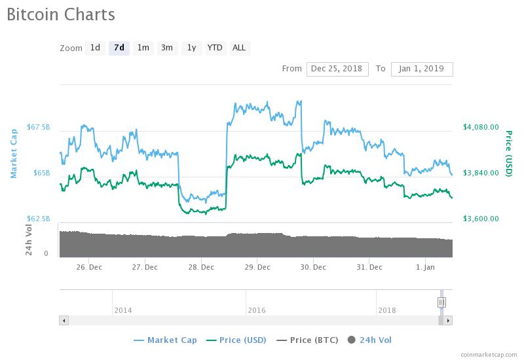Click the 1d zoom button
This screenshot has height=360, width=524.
click(95, 48)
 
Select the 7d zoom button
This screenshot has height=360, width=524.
click(119, 48)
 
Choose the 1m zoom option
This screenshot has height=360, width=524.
click(143, 48)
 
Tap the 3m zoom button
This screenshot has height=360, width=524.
click(167, 48)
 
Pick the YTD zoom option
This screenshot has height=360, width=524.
click(215, 48)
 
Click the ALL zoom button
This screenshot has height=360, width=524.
click(239, 48)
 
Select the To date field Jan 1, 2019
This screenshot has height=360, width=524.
click(422, 69)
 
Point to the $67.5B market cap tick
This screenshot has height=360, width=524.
click(38, 127)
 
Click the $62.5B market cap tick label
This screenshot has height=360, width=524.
click(38, 219)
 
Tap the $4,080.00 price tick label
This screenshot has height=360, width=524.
click(481, 127)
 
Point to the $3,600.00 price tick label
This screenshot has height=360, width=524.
click(481, 219)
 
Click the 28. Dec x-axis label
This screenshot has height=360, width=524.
click(201, 267)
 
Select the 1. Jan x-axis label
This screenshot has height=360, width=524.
click(425, 267)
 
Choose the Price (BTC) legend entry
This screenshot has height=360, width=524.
click(309, 340)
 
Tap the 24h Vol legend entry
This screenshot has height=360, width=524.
click(375, 340)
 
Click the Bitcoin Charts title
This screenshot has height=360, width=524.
click(61, 14)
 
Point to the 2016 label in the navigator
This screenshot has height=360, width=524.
click(257, 310)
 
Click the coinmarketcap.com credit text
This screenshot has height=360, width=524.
click(489, 354)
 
